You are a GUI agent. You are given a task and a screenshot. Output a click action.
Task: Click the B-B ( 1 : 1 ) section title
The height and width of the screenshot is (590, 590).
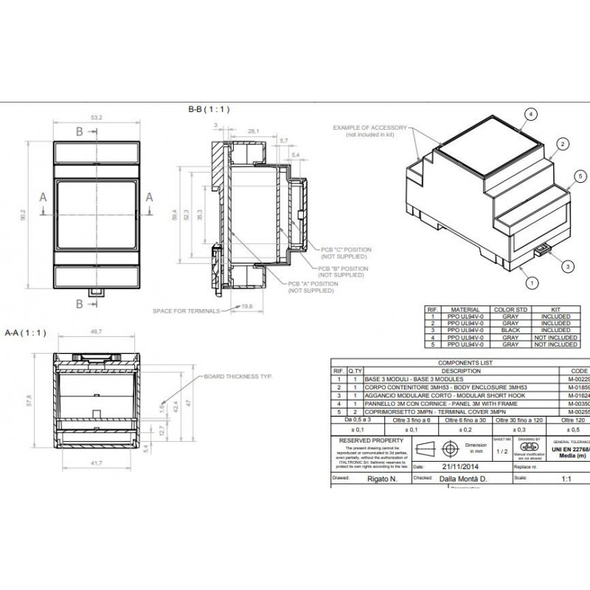(x=209, y=109)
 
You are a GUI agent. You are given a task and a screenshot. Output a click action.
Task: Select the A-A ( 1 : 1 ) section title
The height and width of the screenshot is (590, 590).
(x=26, y=333)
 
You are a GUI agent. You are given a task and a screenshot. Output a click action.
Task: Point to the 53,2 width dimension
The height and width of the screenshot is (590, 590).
(x=96, y=117)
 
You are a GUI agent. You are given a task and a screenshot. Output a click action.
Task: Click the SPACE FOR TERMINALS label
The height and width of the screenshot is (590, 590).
(x=187, y=310)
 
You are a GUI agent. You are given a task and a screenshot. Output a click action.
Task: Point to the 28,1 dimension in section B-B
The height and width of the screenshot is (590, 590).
(x=252, y=131)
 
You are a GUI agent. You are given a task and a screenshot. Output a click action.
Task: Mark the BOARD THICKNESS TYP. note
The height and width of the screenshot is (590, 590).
(x=238, y=376)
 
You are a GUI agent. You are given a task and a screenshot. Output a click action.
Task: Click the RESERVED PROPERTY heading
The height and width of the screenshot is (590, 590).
(x=369, y=440)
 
